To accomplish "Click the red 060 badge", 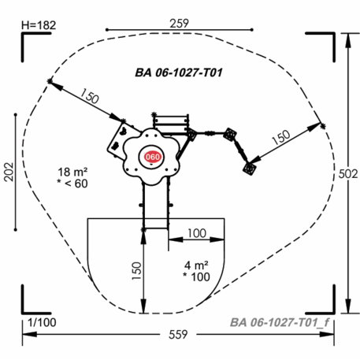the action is (x=152, y=157).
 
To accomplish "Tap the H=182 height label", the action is (x=39, y=25).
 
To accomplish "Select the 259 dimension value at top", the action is (x=179, y=24).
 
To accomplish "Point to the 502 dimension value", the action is (x=348, y=174).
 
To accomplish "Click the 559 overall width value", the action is (x=178, y=335).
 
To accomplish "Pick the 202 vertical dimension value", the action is (x=9, y=172).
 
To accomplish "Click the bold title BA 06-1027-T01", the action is (x=179, y=72).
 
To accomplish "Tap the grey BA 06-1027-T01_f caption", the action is (x=280, y=322).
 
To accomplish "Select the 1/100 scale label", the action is (x=42, y=323).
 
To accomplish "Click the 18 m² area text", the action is (x=72, y=172).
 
